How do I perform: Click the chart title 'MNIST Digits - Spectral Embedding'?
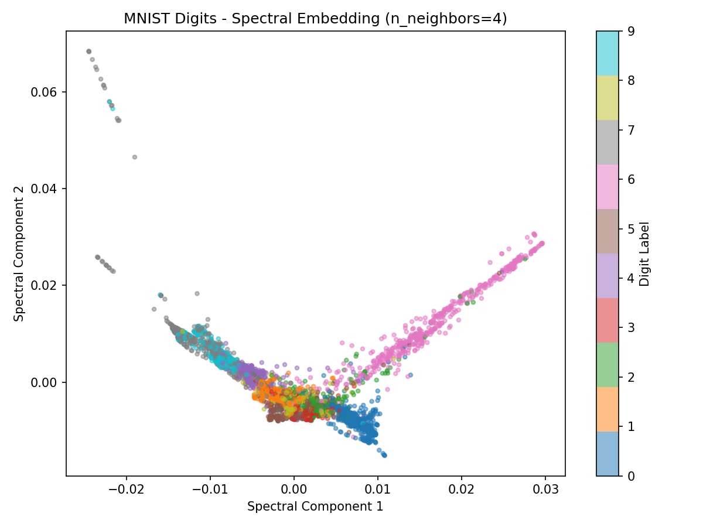315,19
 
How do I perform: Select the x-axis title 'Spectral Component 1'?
315,507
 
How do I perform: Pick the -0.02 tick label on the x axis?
127,490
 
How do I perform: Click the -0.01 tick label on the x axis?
210,490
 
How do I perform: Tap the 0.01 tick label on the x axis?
378,490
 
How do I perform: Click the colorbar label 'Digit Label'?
644,253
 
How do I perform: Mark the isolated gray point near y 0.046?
135,157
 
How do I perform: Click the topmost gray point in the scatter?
88,52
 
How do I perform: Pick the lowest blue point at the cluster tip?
384,455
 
